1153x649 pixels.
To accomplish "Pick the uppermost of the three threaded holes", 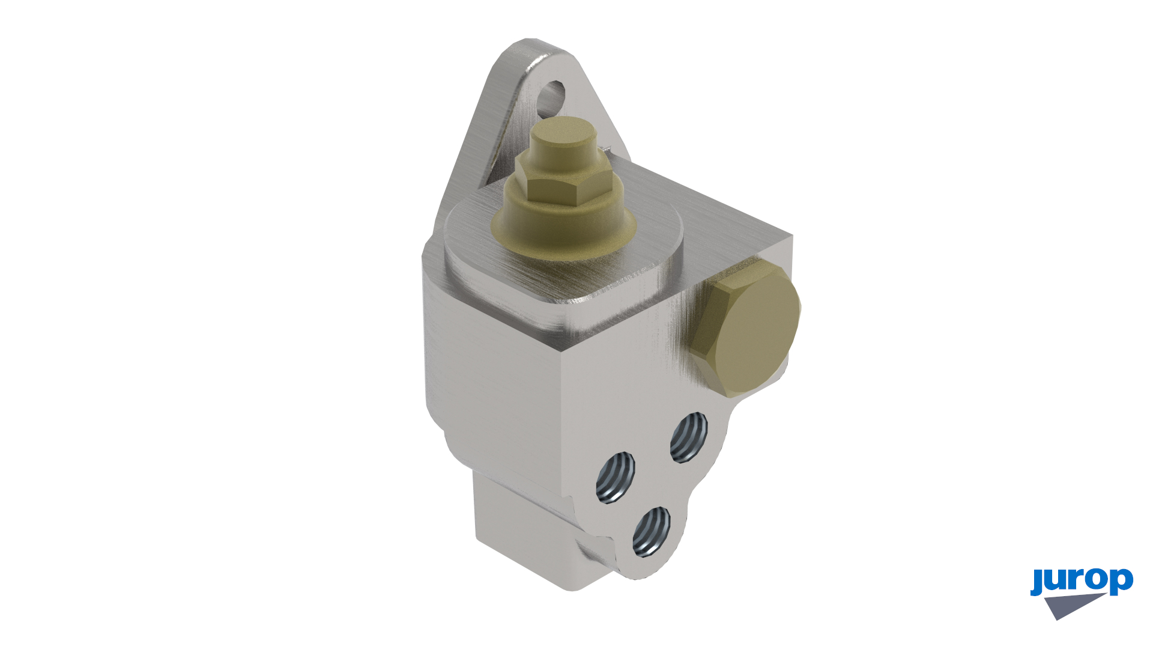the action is pos(689,437).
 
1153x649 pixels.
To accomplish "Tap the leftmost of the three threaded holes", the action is pos(616,478).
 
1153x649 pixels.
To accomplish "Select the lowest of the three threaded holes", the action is pos(652,532).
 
